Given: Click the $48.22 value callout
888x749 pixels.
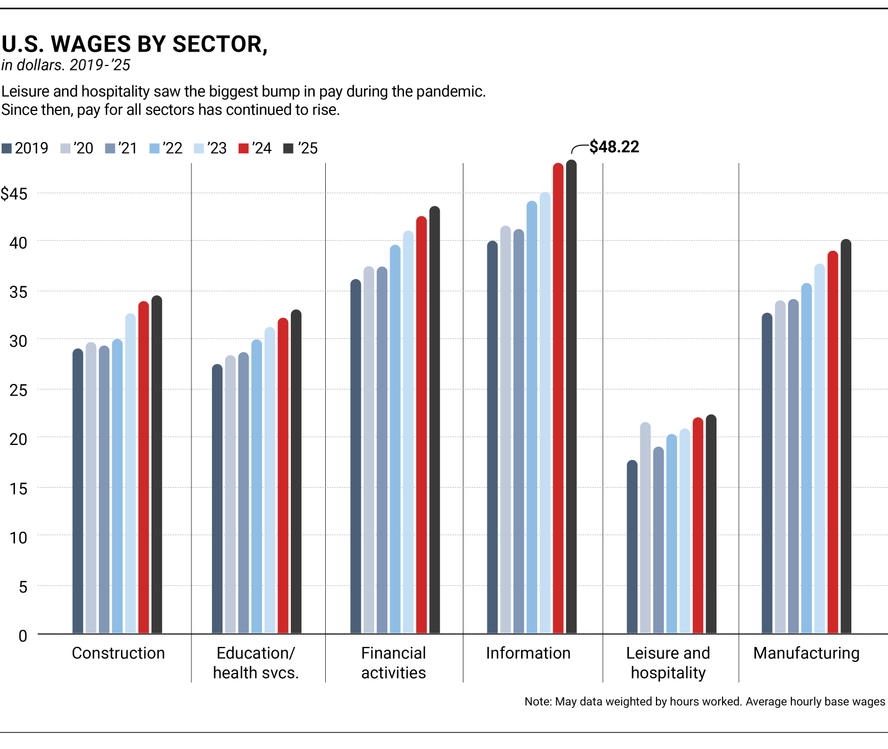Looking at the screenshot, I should tap(614, 147).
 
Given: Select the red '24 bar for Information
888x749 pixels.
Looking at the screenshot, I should tap(558, 399).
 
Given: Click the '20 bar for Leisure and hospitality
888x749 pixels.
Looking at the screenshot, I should tap(645, 527).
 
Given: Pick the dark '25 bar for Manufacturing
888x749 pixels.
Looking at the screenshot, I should tap(846, 438).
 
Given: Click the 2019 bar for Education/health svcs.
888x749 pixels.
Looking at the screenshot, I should tap(217, 499).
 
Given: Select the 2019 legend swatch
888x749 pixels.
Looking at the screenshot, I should tap(7, 148).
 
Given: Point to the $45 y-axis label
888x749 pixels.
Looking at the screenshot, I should tap(14, 194).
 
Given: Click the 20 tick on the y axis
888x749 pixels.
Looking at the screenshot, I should tap(18, 439).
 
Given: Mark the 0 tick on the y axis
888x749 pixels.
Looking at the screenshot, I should tap(22, 636).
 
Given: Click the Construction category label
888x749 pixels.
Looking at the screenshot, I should tap(118, 653).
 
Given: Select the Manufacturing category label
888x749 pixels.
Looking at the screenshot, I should tap(806, 653).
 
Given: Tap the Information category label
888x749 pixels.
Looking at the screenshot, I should tap(528, 653).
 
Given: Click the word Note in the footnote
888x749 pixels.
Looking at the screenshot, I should tap(537, 701).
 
